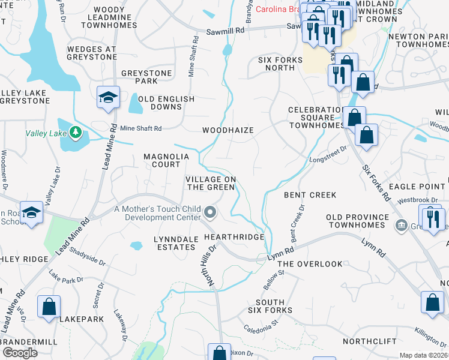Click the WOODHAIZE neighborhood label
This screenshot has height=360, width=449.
[x=228, y=130]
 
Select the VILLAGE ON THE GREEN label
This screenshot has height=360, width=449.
[x=209, y=183]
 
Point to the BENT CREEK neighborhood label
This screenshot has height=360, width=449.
[x=310, y=195]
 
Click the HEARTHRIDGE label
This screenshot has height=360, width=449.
[x=234, y=237]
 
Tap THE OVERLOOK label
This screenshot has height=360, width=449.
[x=310, y=264]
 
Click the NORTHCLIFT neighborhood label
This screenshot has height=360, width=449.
[x=370, y=341]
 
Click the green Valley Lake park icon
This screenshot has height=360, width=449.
[x=75, y=131]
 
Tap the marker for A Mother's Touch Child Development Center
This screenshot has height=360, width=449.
[x=210, y=212]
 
